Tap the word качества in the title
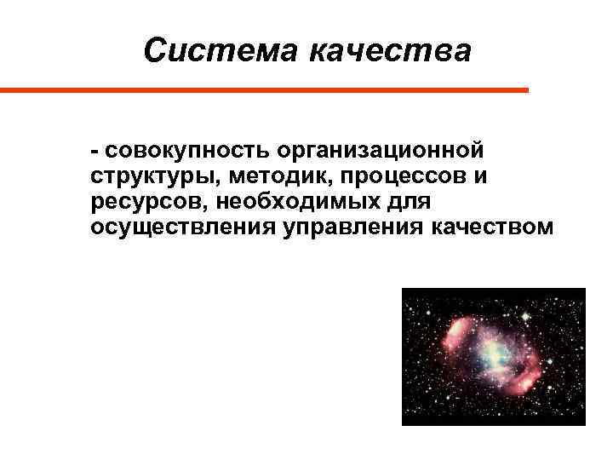pyautogui.click(x=389, y=51)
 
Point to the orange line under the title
pyautogui.click(x=264, y=89)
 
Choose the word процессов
pyautogui.click(x=387, y=178)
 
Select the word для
pyautogui.click(x=411, y=204)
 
